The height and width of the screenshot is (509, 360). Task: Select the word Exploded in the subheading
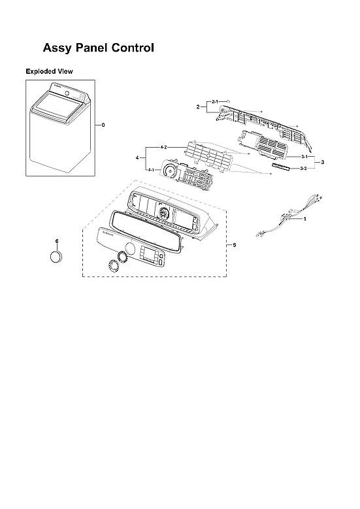(41, 71)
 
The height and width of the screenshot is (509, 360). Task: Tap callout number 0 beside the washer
(103, 124)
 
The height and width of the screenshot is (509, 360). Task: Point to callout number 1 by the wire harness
(304, 220)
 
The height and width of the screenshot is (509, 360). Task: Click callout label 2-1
(215, 100)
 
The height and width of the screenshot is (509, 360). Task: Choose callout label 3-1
(304, 157)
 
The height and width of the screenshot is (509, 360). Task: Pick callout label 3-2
(304, 169)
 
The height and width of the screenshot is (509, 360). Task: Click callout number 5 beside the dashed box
(235, 244)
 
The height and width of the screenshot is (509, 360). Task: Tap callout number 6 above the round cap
(57, 241)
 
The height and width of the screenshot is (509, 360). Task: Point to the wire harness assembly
(287, 213)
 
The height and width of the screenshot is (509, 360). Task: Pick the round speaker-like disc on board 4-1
(171, 172)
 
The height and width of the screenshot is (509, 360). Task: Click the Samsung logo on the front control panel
(105, 238)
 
